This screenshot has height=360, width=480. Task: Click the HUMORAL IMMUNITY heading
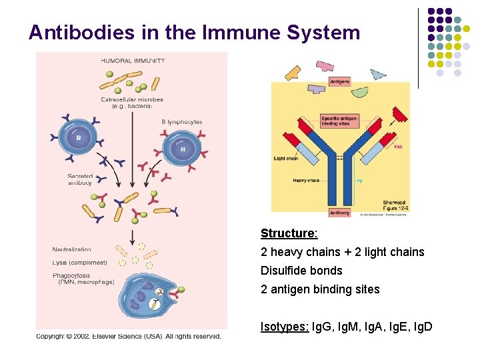[x=133, y=61]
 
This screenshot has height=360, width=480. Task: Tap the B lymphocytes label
[x=181, y=122]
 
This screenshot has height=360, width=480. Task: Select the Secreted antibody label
[x=80, y=179]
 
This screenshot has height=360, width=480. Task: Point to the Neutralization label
[x=72, y=249]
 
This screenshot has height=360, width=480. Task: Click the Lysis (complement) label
[x=79, y=263]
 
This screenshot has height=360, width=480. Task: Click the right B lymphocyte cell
[x=183, y=148]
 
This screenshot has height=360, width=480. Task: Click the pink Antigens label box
[x=339, y=81]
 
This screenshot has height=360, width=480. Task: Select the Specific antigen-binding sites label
[x=339, y=121]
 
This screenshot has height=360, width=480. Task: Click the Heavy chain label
[x=306, y=180]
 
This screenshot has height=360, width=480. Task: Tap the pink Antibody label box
[x=339, y=213]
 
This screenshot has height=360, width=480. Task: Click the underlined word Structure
[x=289, y=233]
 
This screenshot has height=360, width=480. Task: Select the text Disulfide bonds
[x=301, y=271]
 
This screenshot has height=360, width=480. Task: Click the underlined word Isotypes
[x=283, y=327]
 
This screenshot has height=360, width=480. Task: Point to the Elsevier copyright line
[x=129, y=336]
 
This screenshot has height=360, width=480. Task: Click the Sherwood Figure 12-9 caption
[x=394, y=205]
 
